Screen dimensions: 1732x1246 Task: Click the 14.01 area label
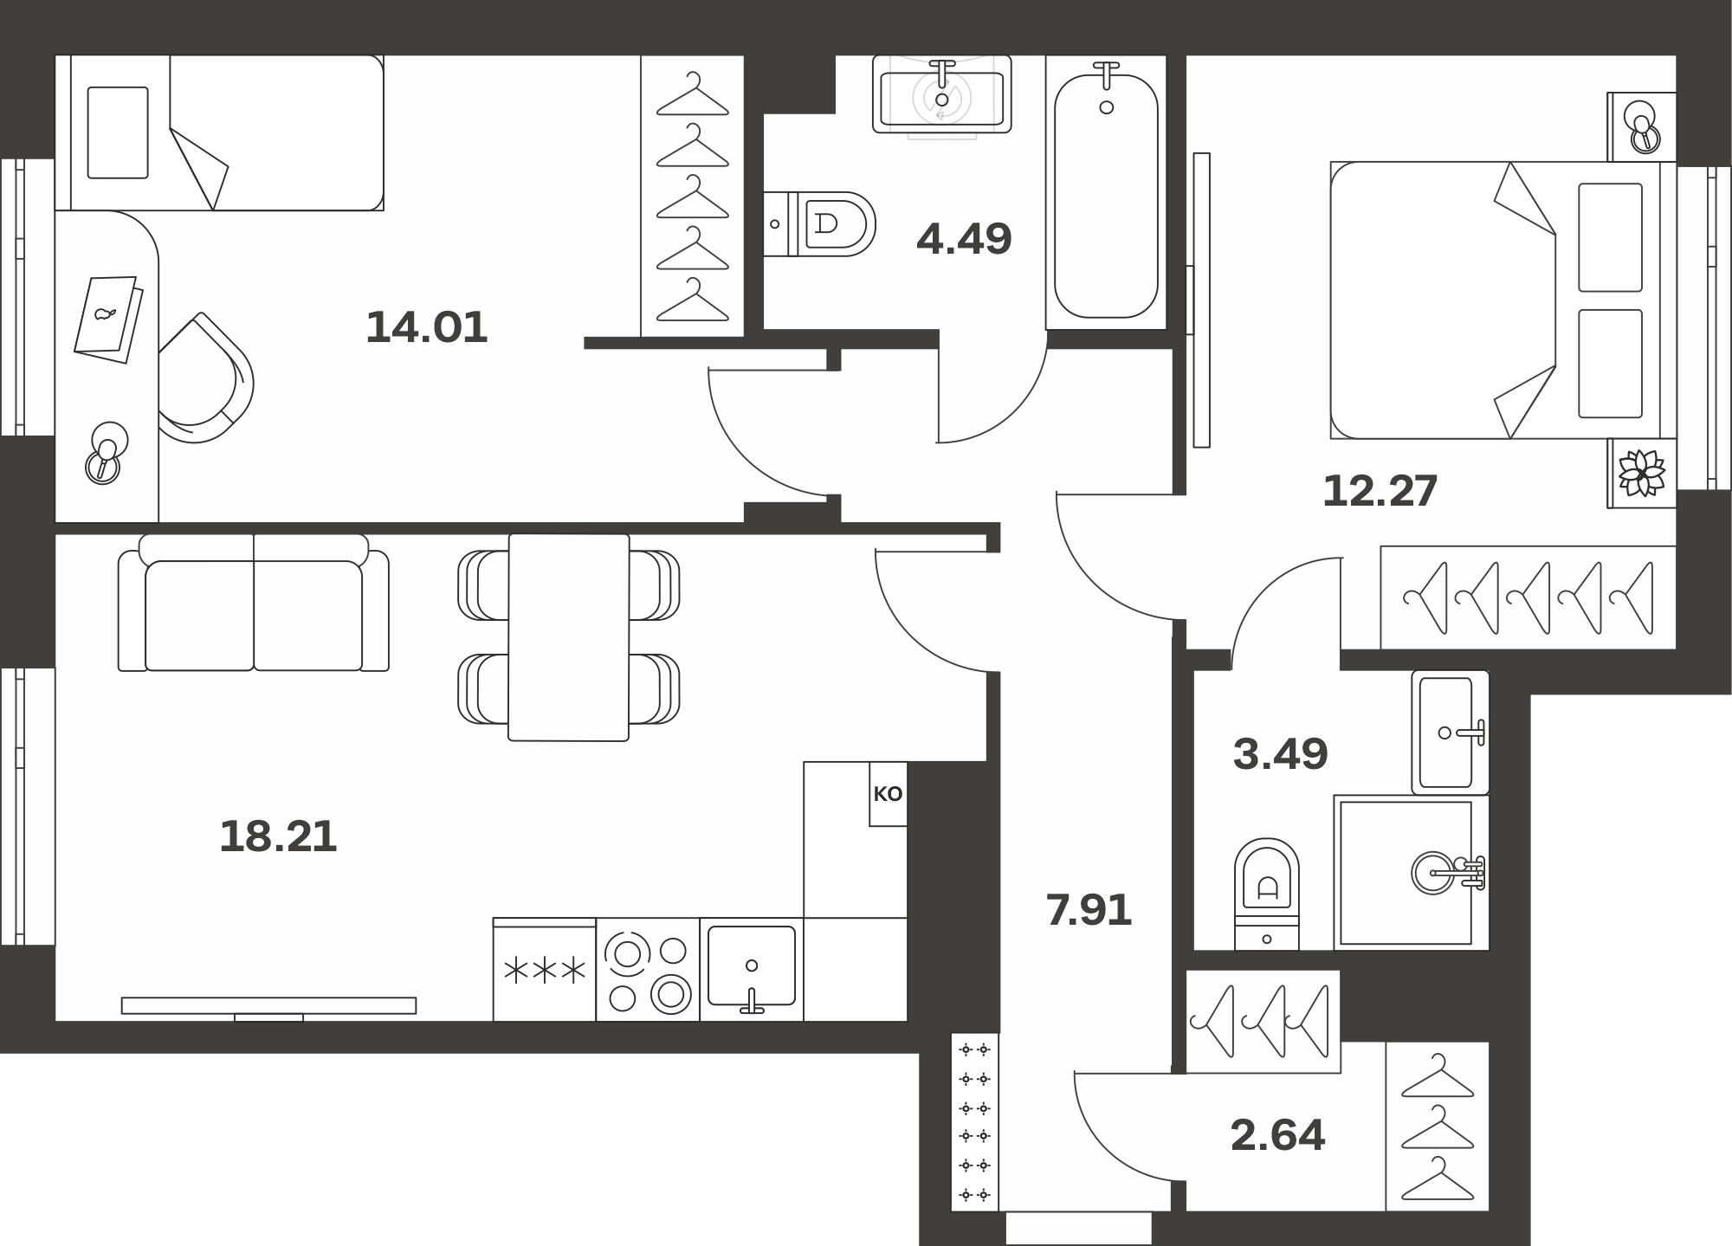(x=427, y=328)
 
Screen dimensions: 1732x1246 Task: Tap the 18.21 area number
(x=278, y=837)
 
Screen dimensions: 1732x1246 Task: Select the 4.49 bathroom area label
(x=964, y=239)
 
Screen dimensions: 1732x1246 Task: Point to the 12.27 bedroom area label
(x=1380, y=491)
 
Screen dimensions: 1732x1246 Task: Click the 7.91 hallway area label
(x=1089, y=911)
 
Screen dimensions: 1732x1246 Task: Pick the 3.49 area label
(x=1280, y=754)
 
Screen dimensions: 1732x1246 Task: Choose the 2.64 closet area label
(x=1277, y=1135)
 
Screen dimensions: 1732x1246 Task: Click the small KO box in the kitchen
(x=889, y=794)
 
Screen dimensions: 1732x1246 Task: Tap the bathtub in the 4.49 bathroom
(x=1106, y=192)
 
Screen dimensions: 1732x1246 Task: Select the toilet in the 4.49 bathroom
(x=819, y=224)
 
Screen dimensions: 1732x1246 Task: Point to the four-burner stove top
(x=648, y=970)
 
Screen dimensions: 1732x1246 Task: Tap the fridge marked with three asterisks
(x=545, y=970)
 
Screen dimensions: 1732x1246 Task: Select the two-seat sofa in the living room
(x=254, y=603)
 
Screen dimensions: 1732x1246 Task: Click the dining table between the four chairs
(x=569, y=637)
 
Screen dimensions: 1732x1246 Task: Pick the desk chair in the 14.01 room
(x=206, y=378)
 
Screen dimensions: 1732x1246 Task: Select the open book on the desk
(x=109, y=319)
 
